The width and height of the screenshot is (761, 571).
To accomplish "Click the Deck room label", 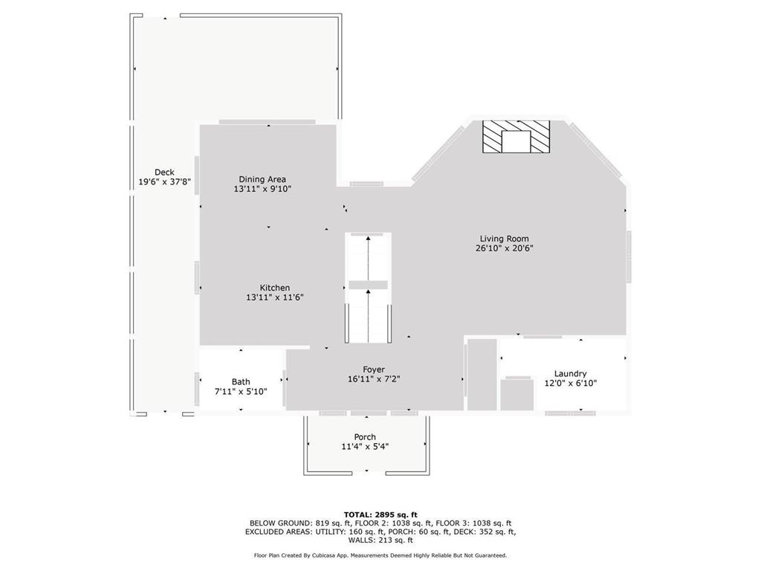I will [x=164, y=172].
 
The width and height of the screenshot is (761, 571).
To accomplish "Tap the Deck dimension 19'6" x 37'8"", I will [x=164, y=182].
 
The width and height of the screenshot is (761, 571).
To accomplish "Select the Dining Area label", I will [x=262, y=179].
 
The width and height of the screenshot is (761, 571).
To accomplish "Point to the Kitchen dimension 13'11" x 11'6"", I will [x=275, y=297].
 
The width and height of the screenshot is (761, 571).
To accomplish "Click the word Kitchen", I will [x=275, y=288].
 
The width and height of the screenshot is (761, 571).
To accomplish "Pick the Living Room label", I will [x=504, y=239].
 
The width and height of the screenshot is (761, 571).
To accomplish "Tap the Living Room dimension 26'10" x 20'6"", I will [x=505, y=248].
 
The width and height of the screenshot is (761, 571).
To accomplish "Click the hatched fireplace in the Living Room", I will [x=516, y=138].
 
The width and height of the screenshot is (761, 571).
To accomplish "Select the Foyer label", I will [x=374, y=370].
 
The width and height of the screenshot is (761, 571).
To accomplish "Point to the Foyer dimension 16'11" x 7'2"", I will [x=374, y=379].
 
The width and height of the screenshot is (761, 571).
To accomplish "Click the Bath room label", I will [x=241, y=382].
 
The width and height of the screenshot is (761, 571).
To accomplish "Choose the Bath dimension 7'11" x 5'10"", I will [x=241, y=392].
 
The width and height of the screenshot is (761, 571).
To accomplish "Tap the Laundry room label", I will [x=570, y=374].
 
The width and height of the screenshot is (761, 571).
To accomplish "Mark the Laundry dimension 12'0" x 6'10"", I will [x=570, y=384].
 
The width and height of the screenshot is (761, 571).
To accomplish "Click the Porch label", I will [x=365, y=437].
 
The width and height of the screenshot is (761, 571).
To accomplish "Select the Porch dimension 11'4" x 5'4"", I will [x=365, y=447].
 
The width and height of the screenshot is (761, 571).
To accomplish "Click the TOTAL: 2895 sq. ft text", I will [x=380, y=514].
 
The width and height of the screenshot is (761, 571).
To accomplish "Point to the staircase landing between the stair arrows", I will [x=368, y=285].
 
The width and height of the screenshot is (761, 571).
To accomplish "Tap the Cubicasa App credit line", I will [x=380, y=555].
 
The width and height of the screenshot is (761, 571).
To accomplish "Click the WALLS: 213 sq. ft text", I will [x=380, y=541].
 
